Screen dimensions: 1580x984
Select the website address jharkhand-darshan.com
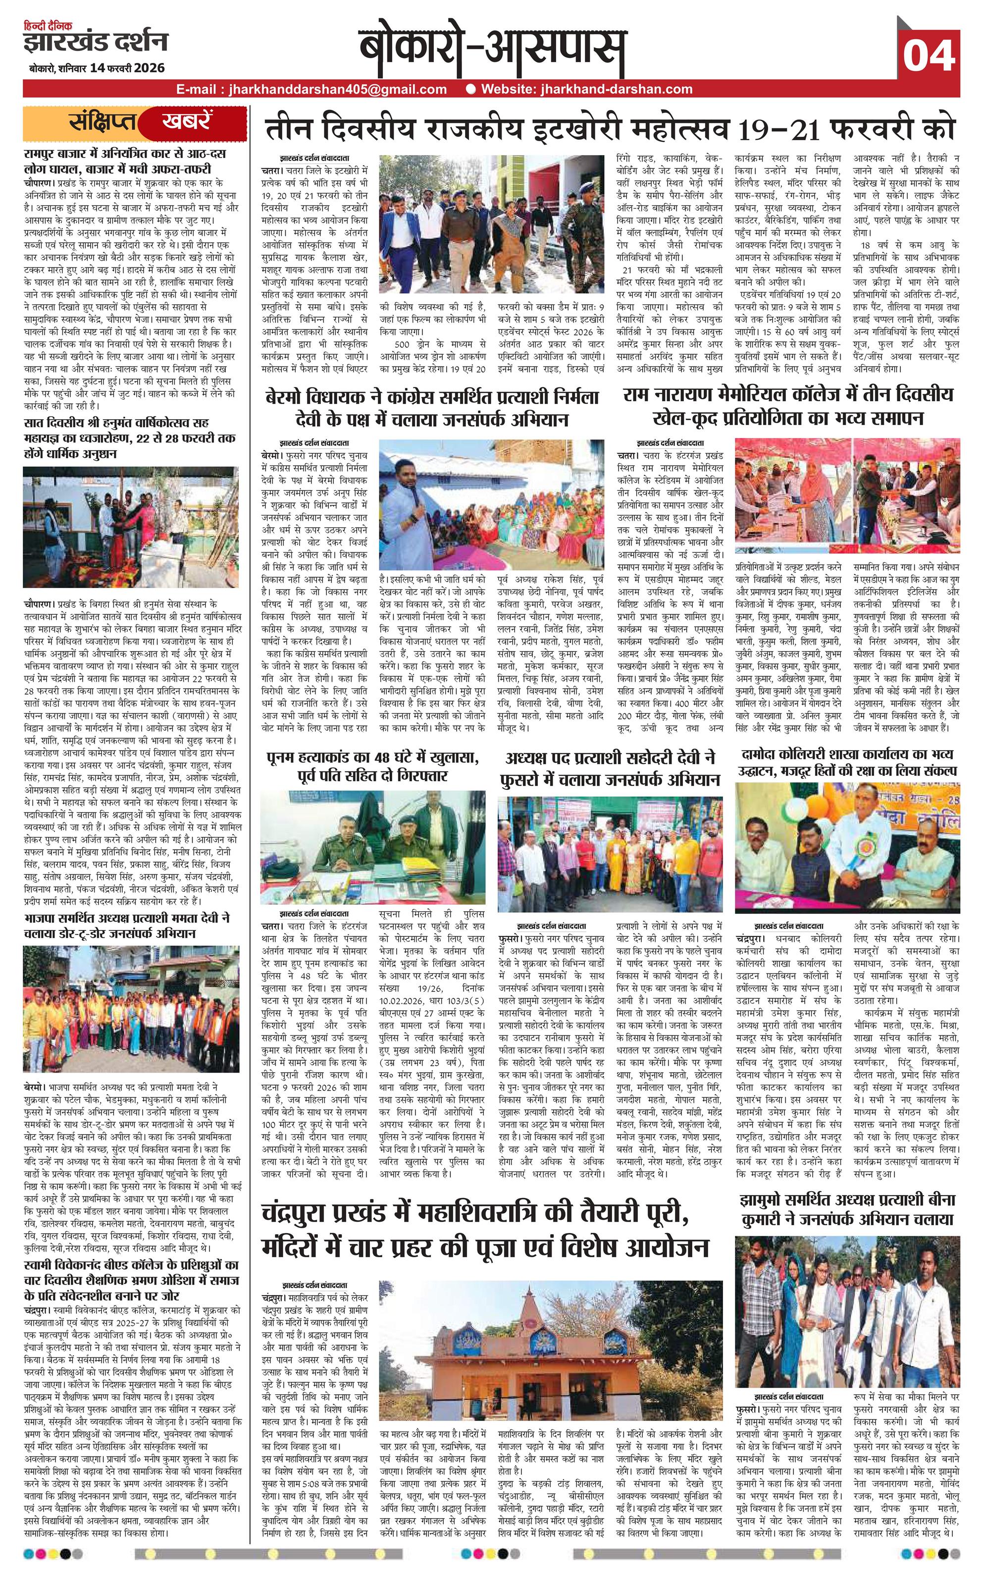coord(586,89)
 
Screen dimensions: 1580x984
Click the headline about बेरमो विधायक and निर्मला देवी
coord(432,407)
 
